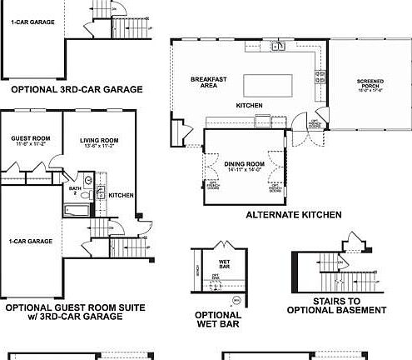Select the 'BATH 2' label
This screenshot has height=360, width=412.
75,190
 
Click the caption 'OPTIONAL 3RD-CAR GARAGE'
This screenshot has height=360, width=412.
77,89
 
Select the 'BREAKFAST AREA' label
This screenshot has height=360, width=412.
203,82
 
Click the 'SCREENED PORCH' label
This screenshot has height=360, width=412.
370,82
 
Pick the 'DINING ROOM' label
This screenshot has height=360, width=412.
244,163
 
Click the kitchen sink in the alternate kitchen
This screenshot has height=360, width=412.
277,46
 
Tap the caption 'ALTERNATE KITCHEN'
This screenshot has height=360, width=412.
294,214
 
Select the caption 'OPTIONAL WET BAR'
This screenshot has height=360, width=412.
218,319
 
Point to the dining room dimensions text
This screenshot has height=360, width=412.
244,170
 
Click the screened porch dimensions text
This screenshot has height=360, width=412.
370,89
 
